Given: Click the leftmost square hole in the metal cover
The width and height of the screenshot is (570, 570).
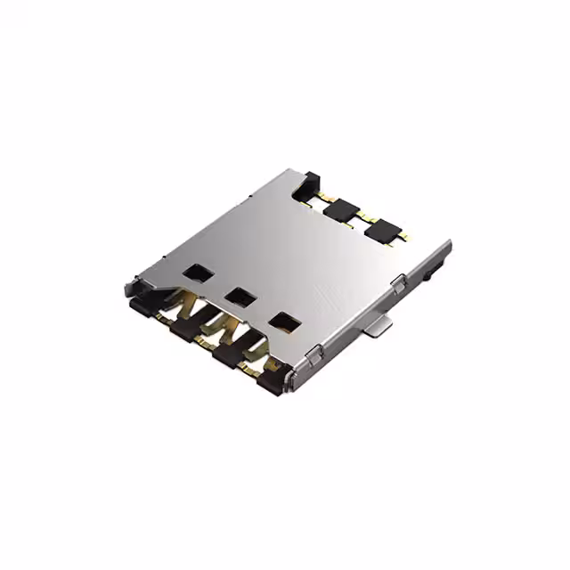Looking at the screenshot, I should (x=194, y=273).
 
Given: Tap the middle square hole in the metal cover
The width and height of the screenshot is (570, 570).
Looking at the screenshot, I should (x=238, y=297).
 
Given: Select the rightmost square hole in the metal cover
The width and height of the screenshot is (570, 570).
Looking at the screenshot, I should (x=284, y=322).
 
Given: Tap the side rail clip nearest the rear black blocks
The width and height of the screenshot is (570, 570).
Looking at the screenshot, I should (x=397, y=283).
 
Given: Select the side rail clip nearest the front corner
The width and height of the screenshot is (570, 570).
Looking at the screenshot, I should (x=313, y=357).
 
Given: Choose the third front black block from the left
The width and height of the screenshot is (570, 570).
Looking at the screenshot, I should (x=226, y=354).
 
